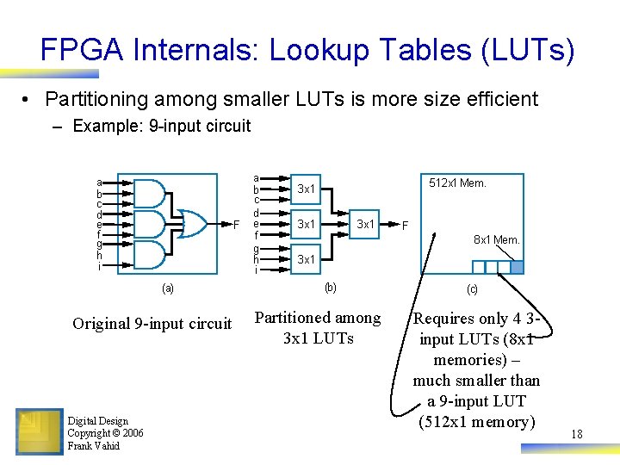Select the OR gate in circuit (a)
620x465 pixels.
click(190, 225)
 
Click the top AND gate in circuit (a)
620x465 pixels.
click(150, 194)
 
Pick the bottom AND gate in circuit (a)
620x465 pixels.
click(150, 255)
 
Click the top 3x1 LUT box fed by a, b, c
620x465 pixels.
click(307, 189)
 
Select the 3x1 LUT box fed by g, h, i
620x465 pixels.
click(307, 259)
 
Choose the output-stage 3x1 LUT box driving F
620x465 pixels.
click(366, 224)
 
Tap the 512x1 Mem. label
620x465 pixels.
click(457, 183)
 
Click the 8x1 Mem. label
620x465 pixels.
click(497, 239)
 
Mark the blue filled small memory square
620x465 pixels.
click(517, 267)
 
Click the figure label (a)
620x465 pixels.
click(168, 288)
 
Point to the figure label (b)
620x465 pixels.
click(329, 288)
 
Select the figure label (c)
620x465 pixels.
click(472, 289)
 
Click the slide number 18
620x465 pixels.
click(576, 435)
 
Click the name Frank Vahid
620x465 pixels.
click(94, 445)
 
